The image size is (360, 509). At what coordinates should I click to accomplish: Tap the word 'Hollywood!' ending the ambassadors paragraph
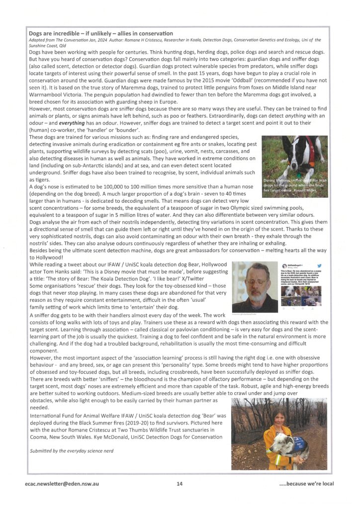coord(46,258)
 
